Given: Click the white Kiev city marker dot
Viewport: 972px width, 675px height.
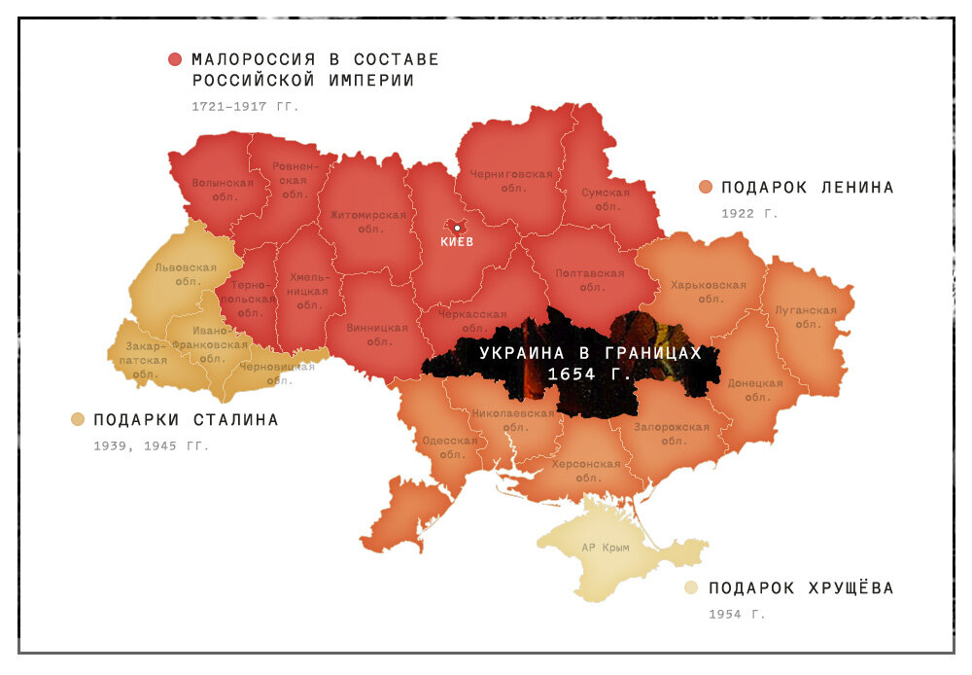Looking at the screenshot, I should [x=457, y=228].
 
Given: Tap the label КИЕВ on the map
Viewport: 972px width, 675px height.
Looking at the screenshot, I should [x=457, y=242].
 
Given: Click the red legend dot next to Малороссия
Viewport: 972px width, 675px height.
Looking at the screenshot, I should [x=175, y=59].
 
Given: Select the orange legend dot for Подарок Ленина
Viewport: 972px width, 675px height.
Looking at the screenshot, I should [x=706, y=187].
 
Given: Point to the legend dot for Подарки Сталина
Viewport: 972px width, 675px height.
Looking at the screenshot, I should [x=78, y=420].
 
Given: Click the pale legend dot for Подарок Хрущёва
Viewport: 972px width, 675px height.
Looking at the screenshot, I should [x=691, y=587].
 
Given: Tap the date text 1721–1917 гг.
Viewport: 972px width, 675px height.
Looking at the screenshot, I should [x=246, y=106].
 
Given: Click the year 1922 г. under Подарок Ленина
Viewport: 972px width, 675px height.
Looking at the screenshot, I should [x=749, y=213].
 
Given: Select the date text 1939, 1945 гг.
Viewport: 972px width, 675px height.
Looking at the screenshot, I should [x=151, y=446].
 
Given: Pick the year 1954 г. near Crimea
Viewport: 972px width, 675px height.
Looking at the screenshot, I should [x=737, y=614].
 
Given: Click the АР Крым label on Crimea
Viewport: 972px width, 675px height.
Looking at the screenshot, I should [x=606, y=548].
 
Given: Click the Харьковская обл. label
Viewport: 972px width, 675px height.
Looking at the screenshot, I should [x=708, y=292].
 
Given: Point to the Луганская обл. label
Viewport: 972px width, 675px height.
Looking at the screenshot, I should [x=806, y=317].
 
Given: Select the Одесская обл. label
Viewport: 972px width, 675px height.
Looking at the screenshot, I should [x=450, y=446].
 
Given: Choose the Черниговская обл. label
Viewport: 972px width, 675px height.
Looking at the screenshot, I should [x=510, y=181].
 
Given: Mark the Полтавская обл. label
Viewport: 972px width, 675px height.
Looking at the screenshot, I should [x=590, y=280].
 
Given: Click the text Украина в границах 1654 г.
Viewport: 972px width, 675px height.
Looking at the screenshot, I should [x=590, y=363].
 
